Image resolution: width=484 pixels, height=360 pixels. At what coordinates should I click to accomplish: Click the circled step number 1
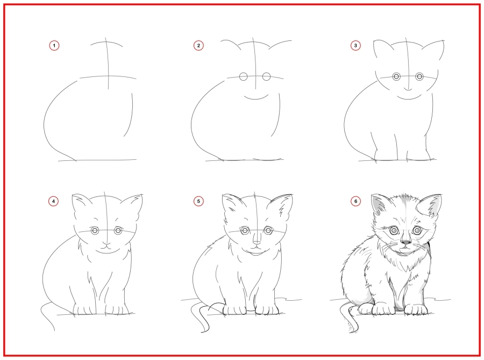click(x=54, y=46)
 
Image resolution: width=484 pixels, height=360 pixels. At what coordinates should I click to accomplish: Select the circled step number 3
click(x=355, y=46)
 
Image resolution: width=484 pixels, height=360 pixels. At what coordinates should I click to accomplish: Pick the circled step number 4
click(x=54, y=201)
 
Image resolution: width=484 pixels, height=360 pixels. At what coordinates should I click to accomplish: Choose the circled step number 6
click(x=355, y=201)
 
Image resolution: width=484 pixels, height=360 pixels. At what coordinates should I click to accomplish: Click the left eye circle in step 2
click(x=244, y=77)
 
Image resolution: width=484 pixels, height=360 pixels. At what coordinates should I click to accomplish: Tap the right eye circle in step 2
click(x=266, y=77)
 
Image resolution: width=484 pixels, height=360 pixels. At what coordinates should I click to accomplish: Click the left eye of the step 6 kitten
click(x=394, y=230)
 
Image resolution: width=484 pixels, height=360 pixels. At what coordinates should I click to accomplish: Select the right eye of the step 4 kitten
click(x=118, y=230)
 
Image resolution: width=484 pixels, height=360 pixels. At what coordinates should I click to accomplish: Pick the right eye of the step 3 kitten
click(x=419, y=76)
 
